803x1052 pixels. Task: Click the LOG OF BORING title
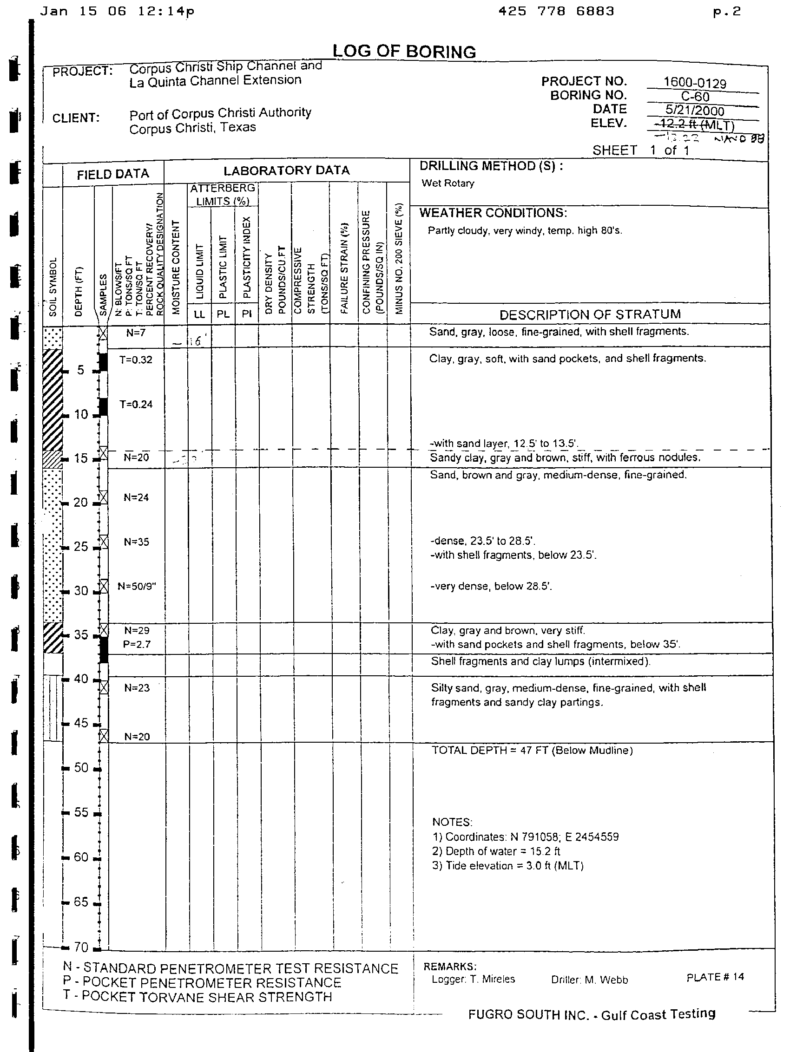coord(404,52)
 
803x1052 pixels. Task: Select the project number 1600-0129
coord(695,83)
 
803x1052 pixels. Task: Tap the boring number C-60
coord(695,97)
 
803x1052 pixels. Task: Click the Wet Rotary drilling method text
coord(448,183)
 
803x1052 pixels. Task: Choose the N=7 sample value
coord(136,333)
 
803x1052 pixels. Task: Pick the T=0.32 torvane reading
coord(136,360)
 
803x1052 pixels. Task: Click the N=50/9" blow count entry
coord(137,586)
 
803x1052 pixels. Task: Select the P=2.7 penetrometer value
coord(136,644)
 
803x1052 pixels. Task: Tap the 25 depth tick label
coord(81,547)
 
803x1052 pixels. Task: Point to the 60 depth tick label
coord(81,857)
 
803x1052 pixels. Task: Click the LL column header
coord(199,314)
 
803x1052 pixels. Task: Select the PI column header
coord(247,314)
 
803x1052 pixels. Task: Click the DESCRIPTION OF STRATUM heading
coord(590,314)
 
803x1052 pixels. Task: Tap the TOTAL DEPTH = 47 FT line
coord(532,750)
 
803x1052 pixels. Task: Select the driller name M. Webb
coord(589,980)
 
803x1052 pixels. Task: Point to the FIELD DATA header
coord(113,174)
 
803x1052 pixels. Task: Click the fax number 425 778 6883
coord(556,11)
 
